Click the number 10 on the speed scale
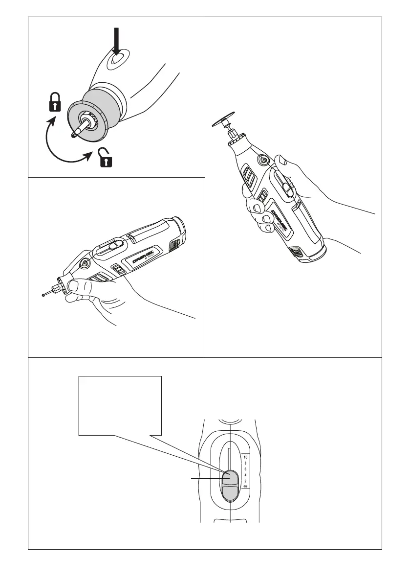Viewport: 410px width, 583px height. click(x=245, y=457)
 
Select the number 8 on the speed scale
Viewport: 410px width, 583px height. click(x=245, y=463)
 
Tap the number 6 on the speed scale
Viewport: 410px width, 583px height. click(x=245, y=469)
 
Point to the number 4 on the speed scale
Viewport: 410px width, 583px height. click(x=245, y=475)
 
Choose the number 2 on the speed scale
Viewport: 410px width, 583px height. click(x=245, y=481)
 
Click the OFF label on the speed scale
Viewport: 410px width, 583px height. click(x=245, y=487)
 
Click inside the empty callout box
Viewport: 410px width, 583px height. click(x=120, y=404)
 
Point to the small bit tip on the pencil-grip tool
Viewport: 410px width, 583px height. click(x=43, y=294)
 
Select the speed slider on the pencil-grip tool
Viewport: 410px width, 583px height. click(x=113, y=245)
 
